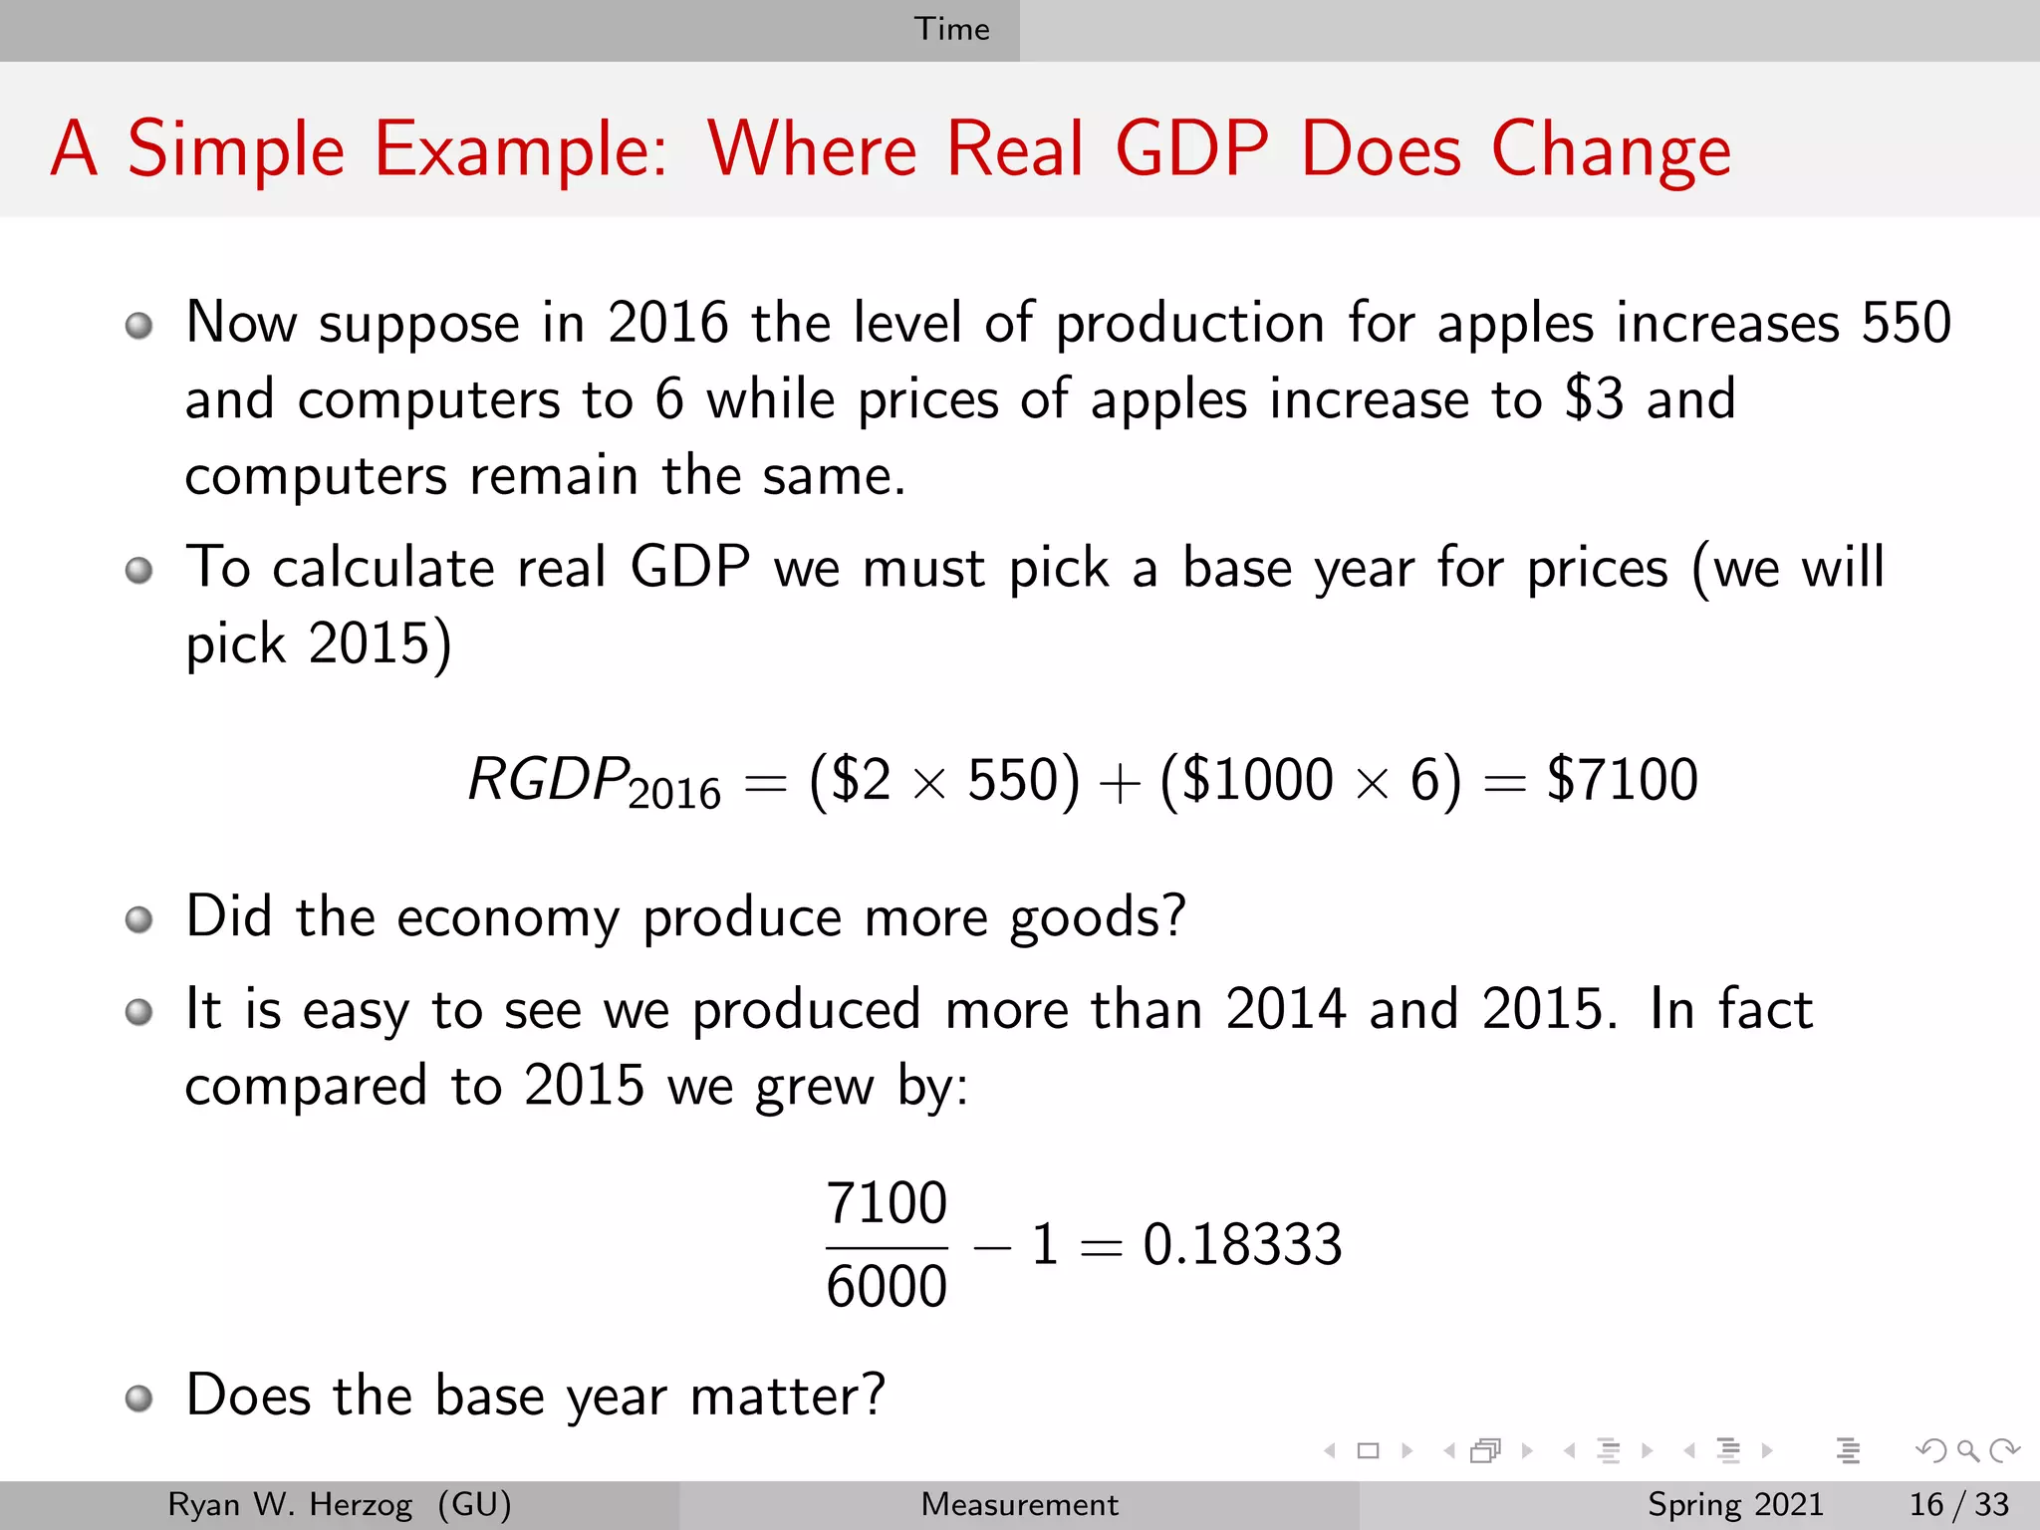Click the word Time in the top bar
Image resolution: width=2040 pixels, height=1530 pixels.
(x=951, y=29)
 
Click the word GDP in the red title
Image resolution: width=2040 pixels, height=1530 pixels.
(x=1191, y=149)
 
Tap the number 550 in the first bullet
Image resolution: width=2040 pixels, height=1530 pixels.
(x=1906, y=323)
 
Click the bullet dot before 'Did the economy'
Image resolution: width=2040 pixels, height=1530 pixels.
(x=139, y=919)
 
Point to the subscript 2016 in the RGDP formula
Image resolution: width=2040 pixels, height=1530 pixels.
(x=674, y=794)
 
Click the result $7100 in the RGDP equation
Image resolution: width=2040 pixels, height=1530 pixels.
(x=1622, y=779)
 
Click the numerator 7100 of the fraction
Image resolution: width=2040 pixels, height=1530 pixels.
(x=886, y=1202)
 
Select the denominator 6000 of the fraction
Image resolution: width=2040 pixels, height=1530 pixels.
(x=886, y=1286)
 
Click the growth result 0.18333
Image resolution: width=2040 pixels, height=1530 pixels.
(x=1242, y=1244)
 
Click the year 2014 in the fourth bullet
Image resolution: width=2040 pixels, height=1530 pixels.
(x=1286, y=1009)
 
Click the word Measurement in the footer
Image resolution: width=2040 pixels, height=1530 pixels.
(x=1019, y=1504)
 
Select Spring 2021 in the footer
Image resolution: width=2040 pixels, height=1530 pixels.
(x=1735, y=1504)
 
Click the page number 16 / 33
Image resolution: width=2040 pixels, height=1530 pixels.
(x=1958, y=1504)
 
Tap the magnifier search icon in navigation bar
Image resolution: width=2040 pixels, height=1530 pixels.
(x=1967, y=1451)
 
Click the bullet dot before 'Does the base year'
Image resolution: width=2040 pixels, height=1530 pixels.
(x=139, y=1398)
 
